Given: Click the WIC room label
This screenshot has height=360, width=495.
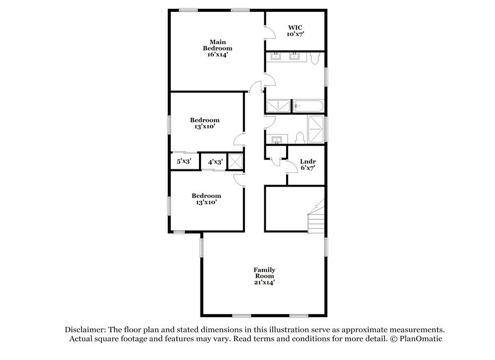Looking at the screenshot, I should point(295,27).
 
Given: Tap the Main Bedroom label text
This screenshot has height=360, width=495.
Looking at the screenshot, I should point(217,45).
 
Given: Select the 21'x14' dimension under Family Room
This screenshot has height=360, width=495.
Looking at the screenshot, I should point(265,282).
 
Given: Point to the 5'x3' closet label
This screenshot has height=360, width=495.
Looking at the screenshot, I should point(184,161).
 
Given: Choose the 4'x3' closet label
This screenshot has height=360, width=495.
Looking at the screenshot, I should point(215,161).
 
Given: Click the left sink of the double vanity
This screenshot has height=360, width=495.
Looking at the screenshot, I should point(275,56).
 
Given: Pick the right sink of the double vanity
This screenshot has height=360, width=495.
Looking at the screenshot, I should point(294,56).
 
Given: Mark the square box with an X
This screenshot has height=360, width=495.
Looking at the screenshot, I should point(235,161).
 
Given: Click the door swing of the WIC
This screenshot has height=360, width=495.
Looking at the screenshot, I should point(270,33).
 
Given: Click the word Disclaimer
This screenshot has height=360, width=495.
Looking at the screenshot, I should point(84,330).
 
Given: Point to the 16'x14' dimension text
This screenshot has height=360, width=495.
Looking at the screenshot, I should point(217,55).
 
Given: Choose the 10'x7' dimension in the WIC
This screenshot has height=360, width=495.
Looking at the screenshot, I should point(295,34).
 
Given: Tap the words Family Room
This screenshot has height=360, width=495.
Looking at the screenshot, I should point(265,273).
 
